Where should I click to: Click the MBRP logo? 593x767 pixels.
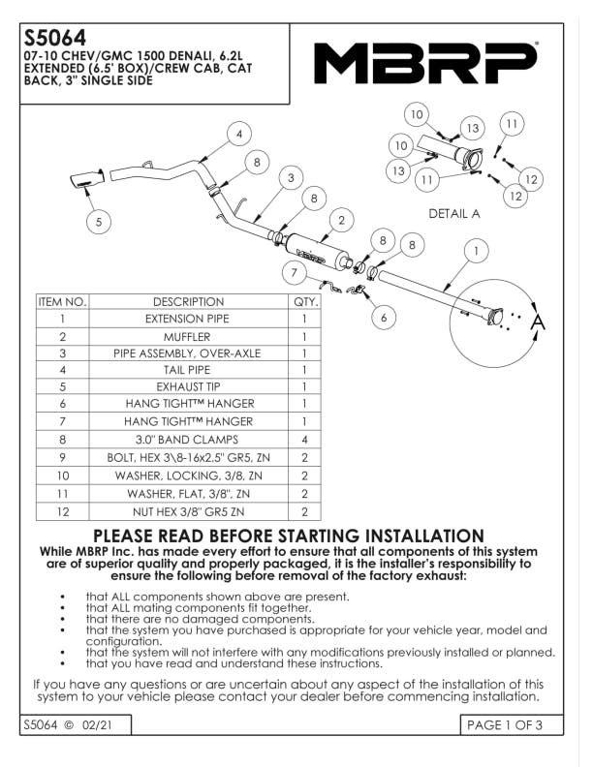click(x=425, y=64)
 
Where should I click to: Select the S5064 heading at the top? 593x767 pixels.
click(x=55, y=38)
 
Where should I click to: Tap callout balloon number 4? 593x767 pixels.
click(x=237, y=134)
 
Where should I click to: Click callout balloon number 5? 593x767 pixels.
click(x=98, y=222)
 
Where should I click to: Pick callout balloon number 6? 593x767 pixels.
click(x=383, y=317)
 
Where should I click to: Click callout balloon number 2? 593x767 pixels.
click(x=341, y=221)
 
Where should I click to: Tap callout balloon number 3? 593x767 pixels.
click(x=290, y=177)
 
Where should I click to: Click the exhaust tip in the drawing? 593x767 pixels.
click(x=85, y=181)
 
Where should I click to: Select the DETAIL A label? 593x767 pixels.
click(x=454, y=214)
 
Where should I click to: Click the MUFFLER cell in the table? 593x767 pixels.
click(x=187, y=336)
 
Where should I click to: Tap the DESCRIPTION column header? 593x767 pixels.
click(x=187, y=301)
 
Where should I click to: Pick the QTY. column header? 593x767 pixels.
click(x=304, y=301)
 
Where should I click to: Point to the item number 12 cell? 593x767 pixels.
click(x=62, y=510)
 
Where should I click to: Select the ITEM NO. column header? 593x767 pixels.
click(x=62, y=301)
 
